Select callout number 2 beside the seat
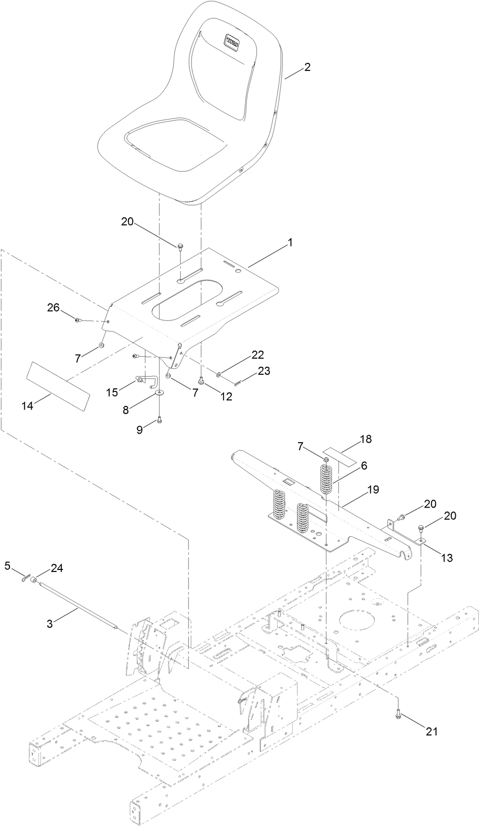tap(306, 67)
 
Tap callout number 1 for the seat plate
tap(290, 242)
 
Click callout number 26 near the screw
tap(54, 307)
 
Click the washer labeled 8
tap(159, 393)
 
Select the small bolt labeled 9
tap(160, 421)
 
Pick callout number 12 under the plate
tap(226, 396)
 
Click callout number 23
tap(264, 371)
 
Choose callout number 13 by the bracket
tap(446, 557)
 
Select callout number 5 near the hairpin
tap(8, 566)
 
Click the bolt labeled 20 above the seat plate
tap(179, 246)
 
